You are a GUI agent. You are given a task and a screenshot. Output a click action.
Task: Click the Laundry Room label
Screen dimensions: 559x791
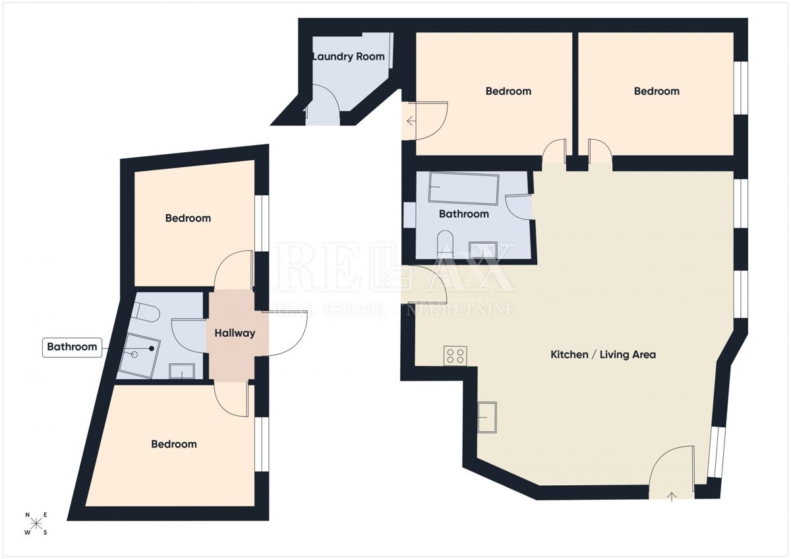(x=348, y=57)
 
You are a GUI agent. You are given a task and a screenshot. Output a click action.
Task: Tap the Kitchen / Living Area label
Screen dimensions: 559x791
(x=603, y=355)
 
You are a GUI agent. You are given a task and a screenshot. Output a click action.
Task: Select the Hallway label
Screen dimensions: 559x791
(x=235, y=333)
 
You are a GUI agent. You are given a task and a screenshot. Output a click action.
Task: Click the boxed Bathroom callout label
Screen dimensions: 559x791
(x=72, y=347)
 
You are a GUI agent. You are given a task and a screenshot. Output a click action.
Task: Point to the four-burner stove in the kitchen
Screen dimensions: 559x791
(x=455, y=356)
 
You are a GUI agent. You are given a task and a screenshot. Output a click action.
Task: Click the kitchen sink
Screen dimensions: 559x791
(x=487, y=417)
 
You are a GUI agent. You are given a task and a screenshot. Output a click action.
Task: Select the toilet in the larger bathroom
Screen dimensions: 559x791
(x=445, y=242)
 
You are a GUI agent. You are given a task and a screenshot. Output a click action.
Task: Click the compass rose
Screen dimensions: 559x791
(x=36, y=523)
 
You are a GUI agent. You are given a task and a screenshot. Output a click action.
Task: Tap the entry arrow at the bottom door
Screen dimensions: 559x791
(x=672, y=496)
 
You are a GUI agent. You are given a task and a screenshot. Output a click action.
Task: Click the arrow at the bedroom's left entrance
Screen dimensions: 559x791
(x=410, y=121)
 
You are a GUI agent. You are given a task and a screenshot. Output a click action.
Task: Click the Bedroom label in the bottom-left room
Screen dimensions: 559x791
(x=174, y=444)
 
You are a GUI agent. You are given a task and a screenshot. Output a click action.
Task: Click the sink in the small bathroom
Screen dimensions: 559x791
(x=181, y=371)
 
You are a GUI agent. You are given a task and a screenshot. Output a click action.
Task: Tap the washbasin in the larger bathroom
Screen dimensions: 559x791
(x=483, y=250)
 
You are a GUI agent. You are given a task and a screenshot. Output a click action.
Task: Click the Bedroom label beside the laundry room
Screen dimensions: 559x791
(x=508, y=91)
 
